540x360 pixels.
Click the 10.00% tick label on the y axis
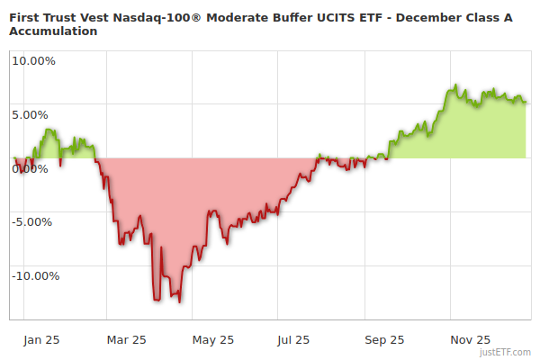[x=34, y=61]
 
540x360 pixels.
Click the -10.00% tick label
[x=32, y=276]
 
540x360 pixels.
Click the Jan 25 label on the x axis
[x=41, y=339]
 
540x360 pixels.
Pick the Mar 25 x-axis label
[x=127, y=339]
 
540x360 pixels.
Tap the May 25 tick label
[x=213, y=339]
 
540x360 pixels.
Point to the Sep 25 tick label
[x=385, y=339]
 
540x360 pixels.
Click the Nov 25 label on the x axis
[x=471, y=339]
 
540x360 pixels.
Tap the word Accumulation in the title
[x=53, y=31]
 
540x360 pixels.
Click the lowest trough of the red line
[x=180, y=302]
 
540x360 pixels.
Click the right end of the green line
[x=526, y=102]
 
